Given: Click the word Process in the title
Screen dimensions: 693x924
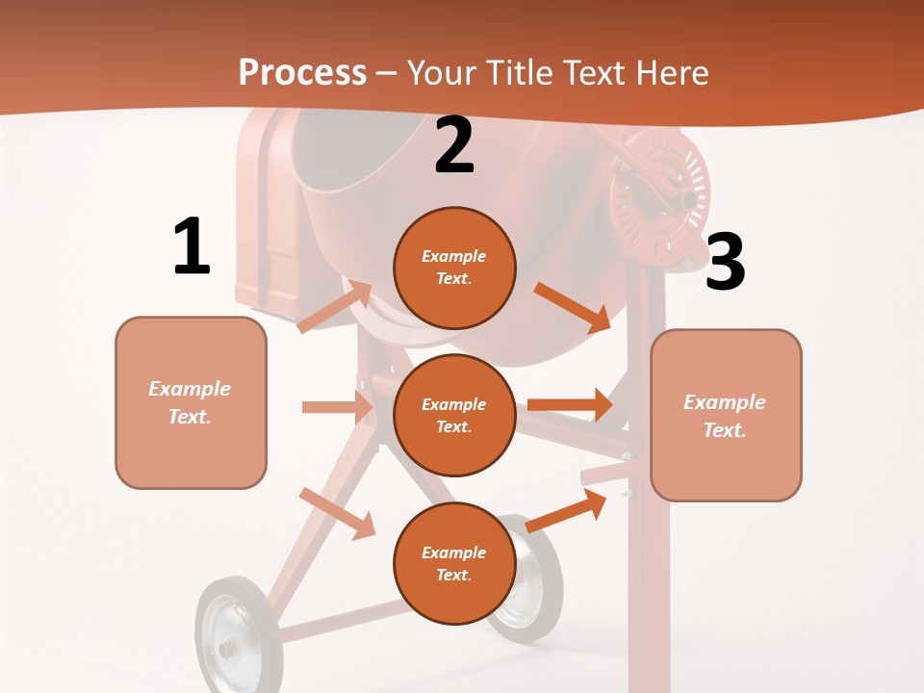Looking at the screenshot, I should tap(302, 72).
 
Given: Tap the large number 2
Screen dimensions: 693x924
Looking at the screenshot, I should tap(454, 145).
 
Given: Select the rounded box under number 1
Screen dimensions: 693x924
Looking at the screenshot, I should tap(191, 402).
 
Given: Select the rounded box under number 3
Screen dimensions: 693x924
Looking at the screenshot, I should tap(726, 415).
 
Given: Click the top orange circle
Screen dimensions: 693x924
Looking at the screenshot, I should tap(454, 268).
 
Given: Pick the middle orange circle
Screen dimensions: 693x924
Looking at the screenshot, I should tap(454, 415).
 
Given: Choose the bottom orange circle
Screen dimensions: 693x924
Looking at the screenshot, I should tap(454, 563).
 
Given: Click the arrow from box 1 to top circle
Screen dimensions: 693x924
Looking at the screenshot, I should tap(334, 307).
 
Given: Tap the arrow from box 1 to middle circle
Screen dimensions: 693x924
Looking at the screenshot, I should tap(337, 407).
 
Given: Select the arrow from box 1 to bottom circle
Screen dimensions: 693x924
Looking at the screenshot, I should tap(337, 512).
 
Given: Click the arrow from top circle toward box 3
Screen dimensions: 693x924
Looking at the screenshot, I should tap(573, 306).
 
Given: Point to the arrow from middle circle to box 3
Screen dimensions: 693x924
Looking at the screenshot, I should tap(570, 405).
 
